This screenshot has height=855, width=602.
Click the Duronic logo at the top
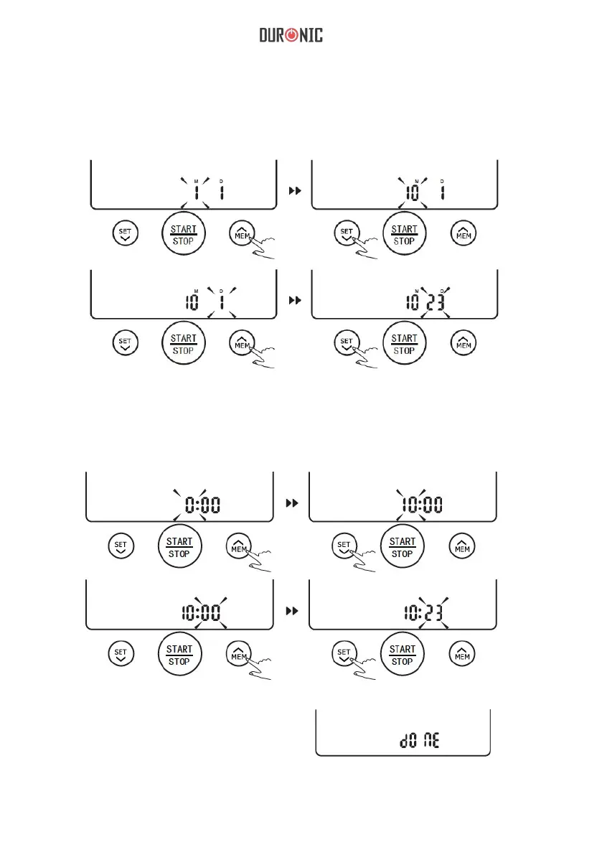tap(291, 35)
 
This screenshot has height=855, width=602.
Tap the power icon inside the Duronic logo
tap(291, 35)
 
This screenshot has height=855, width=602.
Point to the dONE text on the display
tap(420, 738)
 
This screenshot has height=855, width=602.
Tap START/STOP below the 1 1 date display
tap(183, 235)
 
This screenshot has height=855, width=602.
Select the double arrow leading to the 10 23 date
tap(293, 300)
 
